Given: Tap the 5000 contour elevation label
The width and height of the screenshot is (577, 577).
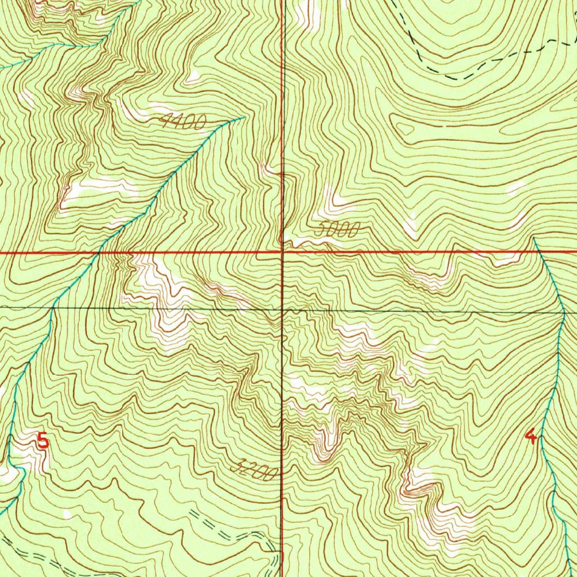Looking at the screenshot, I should coord(337,229).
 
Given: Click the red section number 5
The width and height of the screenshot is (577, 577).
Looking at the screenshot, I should coord(43,440).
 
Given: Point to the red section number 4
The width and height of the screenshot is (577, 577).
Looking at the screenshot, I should coord(530,436).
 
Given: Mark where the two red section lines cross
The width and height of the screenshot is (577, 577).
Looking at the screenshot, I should coord(282,252).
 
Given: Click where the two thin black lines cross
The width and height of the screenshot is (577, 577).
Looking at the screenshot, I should coord(283,309).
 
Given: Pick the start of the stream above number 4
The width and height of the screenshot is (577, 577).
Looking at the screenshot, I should coord(534,238).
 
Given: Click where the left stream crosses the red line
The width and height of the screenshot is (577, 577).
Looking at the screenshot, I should coord(98,252).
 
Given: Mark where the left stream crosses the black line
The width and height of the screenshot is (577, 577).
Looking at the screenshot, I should coord(54,308).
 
